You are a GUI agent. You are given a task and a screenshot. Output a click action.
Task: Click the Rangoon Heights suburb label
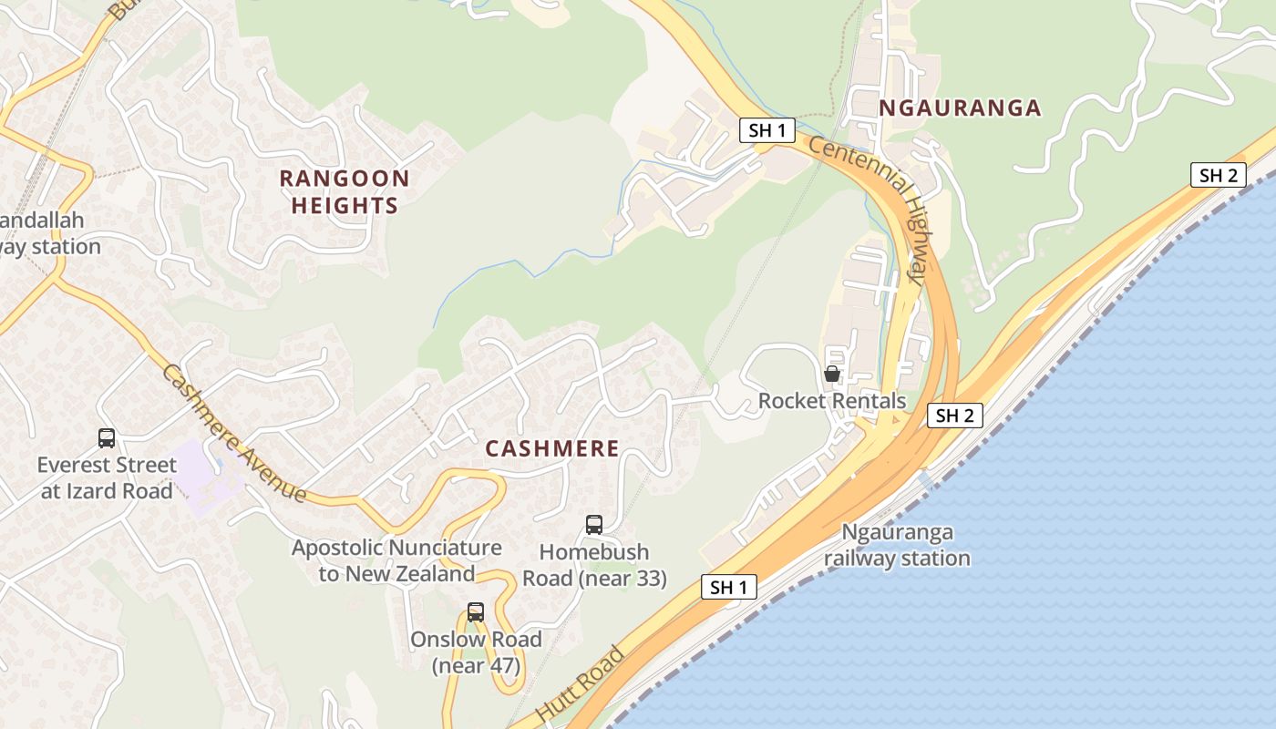(x=345, y=191)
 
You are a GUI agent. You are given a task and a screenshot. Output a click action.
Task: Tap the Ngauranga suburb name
(x=960, y=108)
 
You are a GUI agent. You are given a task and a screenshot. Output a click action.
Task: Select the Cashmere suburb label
(x=552, y=448)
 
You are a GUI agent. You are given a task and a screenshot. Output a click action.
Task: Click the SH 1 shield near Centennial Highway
(x=767, y=130)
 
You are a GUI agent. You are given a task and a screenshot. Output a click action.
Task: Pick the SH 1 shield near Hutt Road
(x=728, y=588)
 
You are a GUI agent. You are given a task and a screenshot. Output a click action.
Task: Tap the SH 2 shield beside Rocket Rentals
(x=955, y=416)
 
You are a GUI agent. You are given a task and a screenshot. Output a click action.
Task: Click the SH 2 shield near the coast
(x=1218, y=175)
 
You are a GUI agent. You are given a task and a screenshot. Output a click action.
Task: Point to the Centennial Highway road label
(x=871, y=210)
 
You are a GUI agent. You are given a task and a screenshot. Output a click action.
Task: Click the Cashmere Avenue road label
(x=234, y=433)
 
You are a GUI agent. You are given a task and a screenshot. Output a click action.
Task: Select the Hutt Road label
(x=581, y=685)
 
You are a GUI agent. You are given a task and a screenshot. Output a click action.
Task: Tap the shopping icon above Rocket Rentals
(x=831, y=374)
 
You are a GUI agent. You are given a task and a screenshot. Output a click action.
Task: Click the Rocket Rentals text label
(x=832, y=401)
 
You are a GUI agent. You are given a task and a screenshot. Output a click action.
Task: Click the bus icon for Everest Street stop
(x=107, y=438)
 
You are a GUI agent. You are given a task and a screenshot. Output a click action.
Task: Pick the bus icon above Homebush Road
(x=593, y=525)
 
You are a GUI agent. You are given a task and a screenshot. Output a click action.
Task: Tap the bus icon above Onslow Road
(x=476, y=612)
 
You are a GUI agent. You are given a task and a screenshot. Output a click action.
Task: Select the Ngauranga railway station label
(x=897, y=545)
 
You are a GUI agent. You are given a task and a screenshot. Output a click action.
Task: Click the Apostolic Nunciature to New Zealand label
(x=396, y=560)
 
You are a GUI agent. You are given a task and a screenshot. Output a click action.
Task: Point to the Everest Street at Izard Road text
(x=106, y=478)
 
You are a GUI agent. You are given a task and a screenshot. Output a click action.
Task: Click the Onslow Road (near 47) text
(x=476, y=652)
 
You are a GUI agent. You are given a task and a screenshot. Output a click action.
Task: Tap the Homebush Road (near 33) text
(x=594, y=565)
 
